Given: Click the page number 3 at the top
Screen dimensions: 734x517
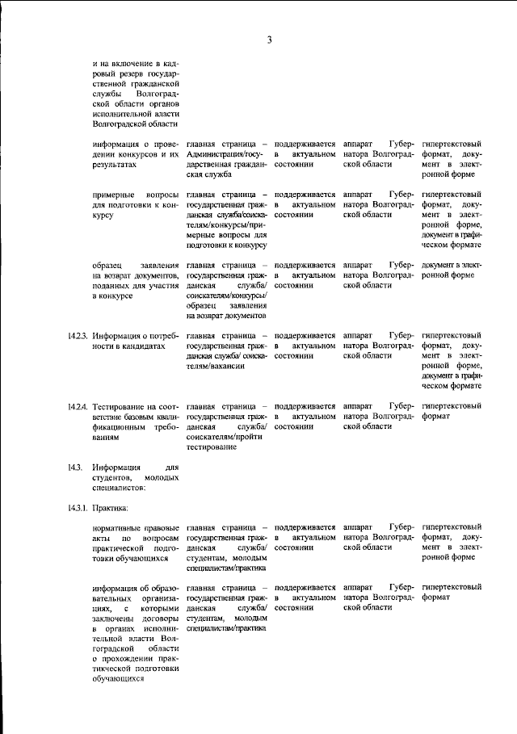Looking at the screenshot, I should pos(270,40).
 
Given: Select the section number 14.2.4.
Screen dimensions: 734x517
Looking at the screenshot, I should pos(78,405).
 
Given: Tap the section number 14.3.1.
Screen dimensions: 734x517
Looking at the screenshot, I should pos(78,508).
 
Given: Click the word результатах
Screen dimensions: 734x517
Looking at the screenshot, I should pos(115,164).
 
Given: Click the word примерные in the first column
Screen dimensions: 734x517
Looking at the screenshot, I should pos(116,195).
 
